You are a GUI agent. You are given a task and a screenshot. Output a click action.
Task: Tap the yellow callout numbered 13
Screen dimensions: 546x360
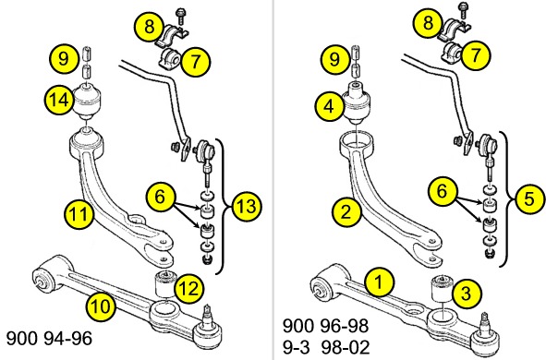click(247, 206)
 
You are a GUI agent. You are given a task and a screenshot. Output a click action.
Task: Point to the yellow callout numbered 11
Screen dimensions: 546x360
click(79, 213)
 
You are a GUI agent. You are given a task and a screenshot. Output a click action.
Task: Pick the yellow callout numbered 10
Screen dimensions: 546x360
click(101, 306)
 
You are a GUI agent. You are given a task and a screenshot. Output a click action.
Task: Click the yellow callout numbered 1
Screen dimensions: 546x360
click(380, 282)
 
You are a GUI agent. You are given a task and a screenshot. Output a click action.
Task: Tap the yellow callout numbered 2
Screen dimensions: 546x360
click(346, 211)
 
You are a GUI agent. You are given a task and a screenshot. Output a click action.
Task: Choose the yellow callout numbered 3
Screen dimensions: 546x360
click(467, 294)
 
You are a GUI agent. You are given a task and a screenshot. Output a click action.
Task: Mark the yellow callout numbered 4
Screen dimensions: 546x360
click(330, 106)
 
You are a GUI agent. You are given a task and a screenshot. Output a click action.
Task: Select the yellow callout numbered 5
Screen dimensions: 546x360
click(529, 198)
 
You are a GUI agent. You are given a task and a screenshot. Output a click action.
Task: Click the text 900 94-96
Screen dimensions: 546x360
click(49, 338)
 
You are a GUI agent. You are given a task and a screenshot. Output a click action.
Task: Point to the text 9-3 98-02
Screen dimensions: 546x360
click(326, 346)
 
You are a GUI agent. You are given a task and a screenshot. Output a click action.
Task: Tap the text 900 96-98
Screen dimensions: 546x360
click(325, 326)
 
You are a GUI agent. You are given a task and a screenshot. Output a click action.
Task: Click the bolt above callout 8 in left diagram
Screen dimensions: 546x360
click(182, 16)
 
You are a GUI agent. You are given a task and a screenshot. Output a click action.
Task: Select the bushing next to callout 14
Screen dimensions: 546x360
click(88, 101)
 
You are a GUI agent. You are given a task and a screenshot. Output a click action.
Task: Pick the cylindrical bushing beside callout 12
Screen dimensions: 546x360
click(165, 283)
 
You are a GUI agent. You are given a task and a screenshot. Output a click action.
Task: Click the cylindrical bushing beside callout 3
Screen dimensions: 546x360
click(443, 289)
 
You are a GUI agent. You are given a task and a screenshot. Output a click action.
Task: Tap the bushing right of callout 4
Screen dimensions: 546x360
click(357, 102)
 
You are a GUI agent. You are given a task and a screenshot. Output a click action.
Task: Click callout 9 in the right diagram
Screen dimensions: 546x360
click(334, 59)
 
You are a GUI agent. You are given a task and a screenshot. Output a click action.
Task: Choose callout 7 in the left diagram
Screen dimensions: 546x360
click(195, 62)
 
